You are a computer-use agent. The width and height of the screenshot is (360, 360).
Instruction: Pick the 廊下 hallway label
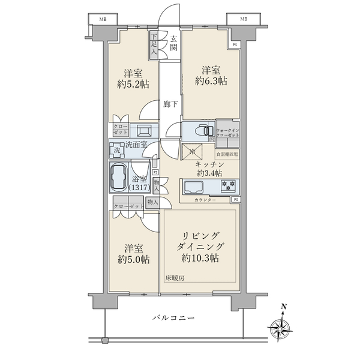coord(170,104)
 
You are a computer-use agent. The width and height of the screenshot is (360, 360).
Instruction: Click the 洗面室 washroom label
coord(136,144)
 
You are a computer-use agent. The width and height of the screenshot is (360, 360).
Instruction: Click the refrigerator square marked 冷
coord(191,152)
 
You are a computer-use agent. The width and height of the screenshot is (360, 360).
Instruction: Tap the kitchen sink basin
coord(194,187)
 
